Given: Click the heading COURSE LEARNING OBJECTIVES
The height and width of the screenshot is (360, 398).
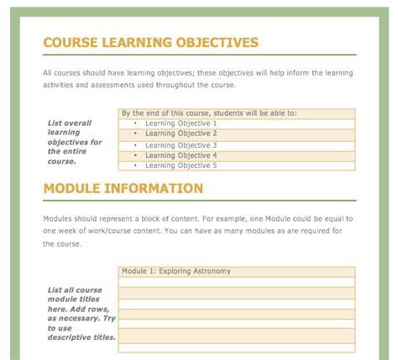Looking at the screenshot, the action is (x=150, y=43).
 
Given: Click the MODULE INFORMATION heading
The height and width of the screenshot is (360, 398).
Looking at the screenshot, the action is (x=123, y=189).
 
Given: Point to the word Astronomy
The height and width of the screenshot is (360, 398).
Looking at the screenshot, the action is (x=210, y=271).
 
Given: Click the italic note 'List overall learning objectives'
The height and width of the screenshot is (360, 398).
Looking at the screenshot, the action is (x=75, y=142).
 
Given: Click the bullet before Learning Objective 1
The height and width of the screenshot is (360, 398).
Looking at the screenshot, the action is (x=136, y=123).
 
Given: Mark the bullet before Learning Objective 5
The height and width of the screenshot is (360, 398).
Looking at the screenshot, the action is (x=136, y=165).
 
